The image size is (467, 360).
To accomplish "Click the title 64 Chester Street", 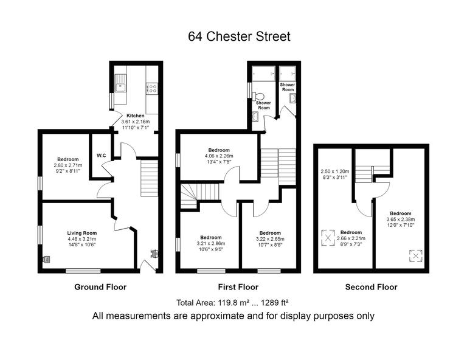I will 239,36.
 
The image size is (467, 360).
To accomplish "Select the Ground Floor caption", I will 100,287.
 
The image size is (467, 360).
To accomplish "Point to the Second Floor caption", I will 371,287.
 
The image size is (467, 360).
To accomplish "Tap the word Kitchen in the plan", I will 135,116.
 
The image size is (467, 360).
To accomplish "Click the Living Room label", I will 81,233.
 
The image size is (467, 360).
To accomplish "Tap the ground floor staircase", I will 149,176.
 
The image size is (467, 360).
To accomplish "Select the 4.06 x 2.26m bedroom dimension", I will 219,156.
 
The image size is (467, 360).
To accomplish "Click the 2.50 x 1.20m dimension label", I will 335,171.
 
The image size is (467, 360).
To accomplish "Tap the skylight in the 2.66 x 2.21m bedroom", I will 328,237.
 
